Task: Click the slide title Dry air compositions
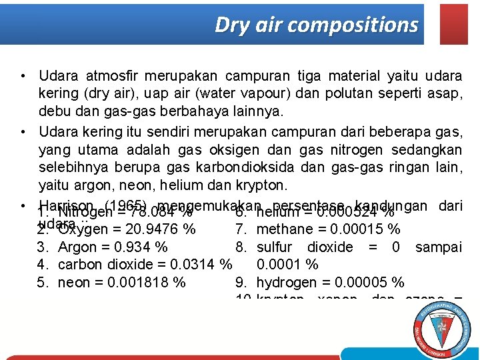click(316, 25)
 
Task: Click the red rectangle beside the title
click(455, 24)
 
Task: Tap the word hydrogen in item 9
click(283, 282)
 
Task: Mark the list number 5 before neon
click(41, 282)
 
